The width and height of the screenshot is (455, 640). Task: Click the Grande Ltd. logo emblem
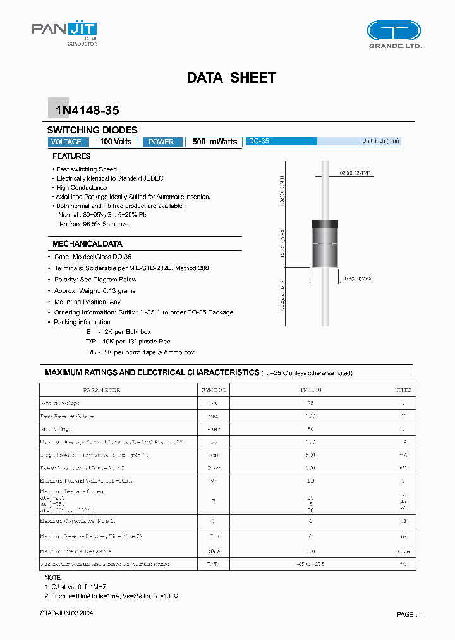[394, 30]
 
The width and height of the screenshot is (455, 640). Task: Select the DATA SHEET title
[231, 78]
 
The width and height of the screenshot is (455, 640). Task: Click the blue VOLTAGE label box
[66, 142]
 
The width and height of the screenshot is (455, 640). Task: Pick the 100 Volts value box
[115, 142]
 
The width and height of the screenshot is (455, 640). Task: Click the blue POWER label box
[162, 142]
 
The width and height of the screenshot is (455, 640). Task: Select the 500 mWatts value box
[214, 142]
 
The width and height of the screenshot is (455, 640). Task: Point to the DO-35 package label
[258, 142]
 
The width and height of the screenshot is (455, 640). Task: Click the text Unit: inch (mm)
[380, 141]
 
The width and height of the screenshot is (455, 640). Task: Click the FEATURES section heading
[71, 156]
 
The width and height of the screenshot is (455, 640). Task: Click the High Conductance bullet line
[82, 188]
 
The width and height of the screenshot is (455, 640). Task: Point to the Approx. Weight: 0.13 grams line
[94, 291]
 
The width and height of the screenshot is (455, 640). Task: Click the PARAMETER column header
[102, 390]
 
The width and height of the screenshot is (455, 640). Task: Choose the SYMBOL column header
[213, 390]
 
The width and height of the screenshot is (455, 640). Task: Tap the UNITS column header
[403, 390]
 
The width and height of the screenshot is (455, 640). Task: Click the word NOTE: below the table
[53, 578]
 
